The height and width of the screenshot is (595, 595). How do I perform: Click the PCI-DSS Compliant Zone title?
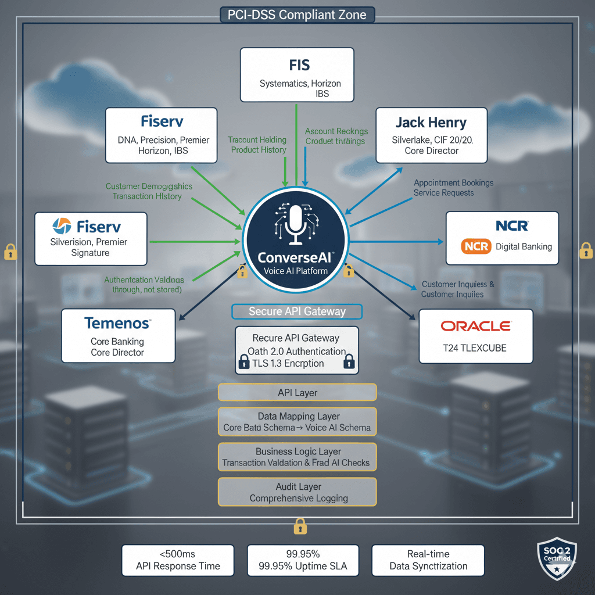[297, 15]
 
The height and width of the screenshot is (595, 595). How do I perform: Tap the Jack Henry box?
[431, 135]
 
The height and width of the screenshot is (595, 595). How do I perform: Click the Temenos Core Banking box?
[117, 336]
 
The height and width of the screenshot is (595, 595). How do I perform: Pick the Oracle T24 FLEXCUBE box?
[475, 336]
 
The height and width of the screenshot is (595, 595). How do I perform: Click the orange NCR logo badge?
[476, 246]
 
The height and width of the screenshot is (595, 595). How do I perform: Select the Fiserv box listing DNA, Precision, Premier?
[162, 135]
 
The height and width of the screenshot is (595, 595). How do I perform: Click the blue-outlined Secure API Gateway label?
[297, 311]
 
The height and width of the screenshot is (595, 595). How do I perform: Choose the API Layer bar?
[297, 393]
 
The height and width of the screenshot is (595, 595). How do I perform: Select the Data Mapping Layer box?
[297, 422]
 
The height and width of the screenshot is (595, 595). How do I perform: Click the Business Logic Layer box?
[297, 457]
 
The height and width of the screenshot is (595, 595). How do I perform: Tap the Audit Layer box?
[297, 492]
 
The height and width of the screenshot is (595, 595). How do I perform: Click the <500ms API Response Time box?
[178, 560]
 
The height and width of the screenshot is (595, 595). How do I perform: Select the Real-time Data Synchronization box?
[428, 560]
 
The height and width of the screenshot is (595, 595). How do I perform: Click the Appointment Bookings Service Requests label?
[453, 188]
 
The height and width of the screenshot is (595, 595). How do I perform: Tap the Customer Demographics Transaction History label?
[148, 192]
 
